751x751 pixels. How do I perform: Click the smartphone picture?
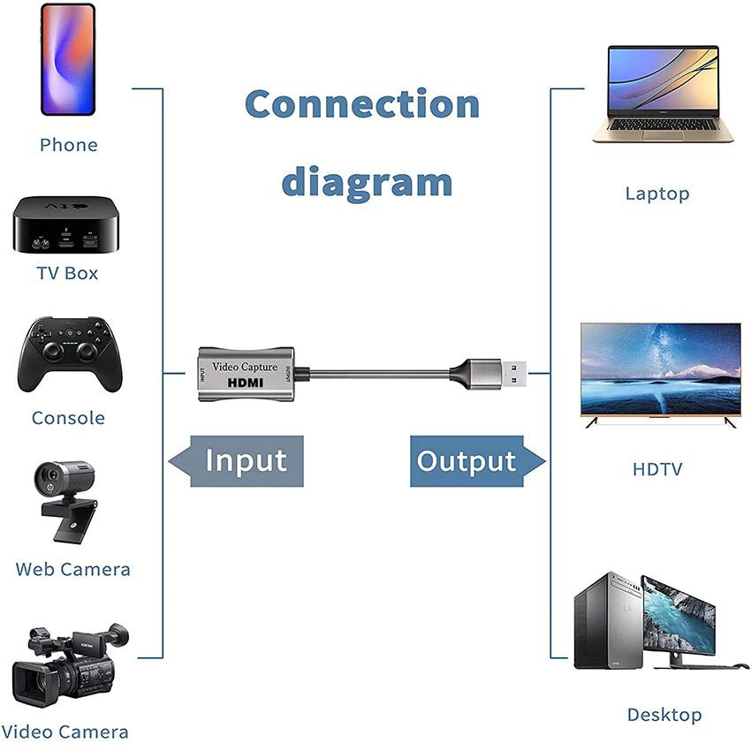click(x=68, y=59)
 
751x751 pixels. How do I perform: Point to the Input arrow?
click(x=237, y=461)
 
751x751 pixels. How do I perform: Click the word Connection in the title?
click(x=362, y=104)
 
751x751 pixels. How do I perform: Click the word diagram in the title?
click(x=367, y=182)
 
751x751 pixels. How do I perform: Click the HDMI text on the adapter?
click(x=246, y=383)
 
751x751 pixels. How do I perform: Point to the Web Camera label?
click(x=72, y=570)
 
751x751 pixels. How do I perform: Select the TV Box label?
click(x=67, y=273)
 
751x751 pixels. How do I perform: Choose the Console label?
click(x=68, y=418)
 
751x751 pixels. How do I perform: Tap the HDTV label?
click(x=657, y=469)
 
